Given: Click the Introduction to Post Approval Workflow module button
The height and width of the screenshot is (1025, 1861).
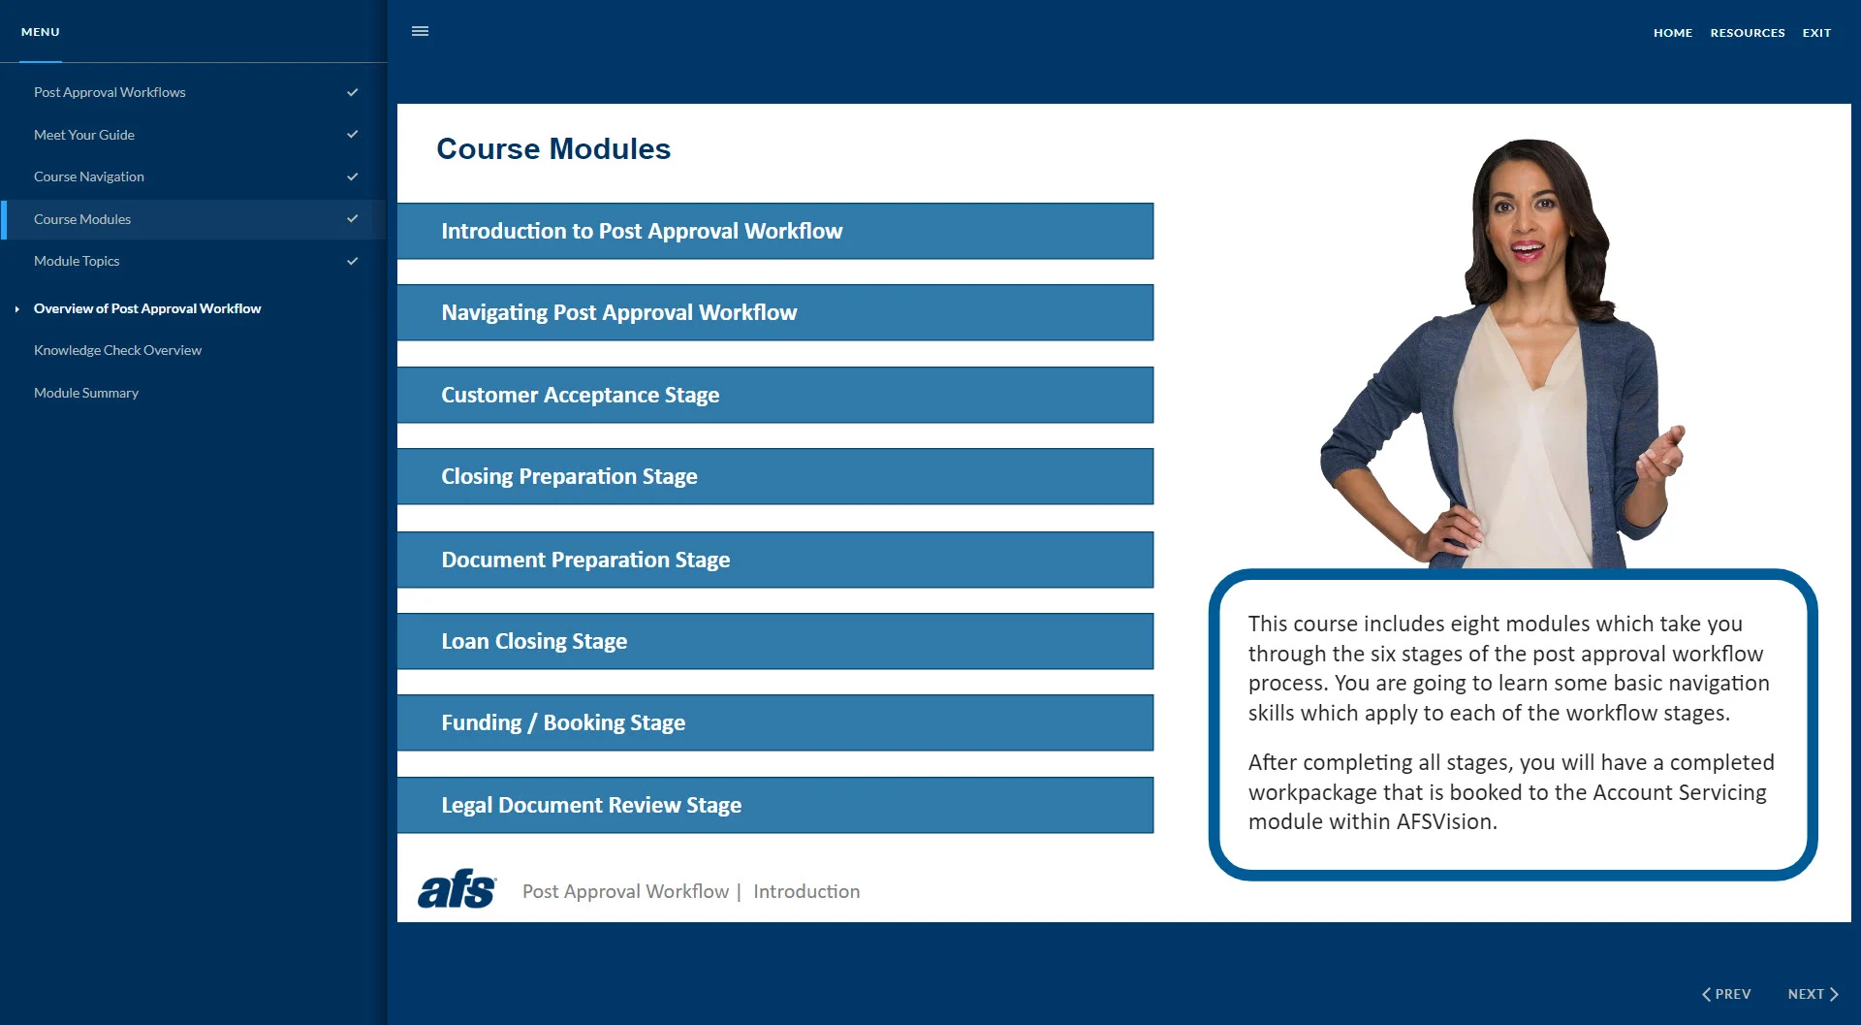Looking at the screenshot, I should [774, 231].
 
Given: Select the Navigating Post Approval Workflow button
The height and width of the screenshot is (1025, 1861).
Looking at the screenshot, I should [774, 312].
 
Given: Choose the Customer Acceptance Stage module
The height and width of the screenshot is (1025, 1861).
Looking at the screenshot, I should [774, 395].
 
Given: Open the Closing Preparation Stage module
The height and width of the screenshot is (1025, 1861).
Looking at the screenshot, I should [774, 476].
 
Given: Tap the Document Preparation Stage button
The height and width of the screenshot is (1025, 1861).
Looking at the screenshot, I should [774, 560].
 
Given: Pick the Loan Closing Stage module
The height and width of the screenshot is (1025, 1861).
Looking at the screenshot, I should [774, 641].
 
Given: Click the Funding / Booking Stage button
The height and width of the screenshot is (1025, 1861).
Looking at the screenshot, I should [774, 722].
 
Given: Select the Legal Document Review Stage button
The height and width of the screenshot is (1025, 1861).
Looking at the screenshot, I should [774, 805].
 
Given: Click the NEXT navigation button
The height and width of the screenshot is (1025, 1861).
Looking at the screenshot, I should [1813, 994].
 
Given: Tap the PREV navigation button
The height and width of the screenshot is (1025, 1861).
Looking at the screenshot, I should [1726, 994].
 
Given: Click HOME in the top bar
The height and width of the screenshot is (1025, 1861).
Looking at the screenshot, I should [1672, 33].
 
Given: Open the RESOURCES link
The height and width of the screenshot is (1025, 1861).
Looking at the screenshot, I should [1747, 33].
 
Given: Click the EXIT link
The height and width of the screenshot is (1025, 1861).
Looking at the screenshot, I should [1816, 33].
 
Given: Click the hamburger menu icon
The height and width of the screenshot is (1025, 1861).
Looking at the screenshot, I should [420, 31].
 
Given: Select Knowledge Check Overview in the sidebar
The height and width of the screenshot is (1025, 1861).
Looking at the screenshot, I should [117, 350].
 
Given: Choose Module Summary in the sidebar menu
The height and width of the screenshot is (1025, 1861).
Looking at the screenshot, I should [86, 393].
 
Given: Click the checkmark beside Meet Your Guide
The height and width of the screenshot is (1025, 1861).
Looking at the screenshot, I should [353, 135].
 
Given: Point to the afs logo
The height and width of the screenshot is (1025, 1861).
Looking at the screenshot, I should [457, 889].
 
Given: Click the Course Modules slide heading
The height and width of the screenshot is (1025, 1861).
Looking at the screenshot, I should [553, 149].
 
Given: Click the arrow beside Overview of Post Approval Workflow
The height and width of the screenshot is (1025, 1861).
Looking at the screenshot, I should [17, 309].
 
